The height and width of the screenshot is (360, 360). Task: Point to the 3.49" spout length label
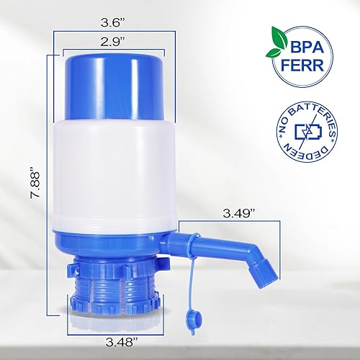tap(238, 215)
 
